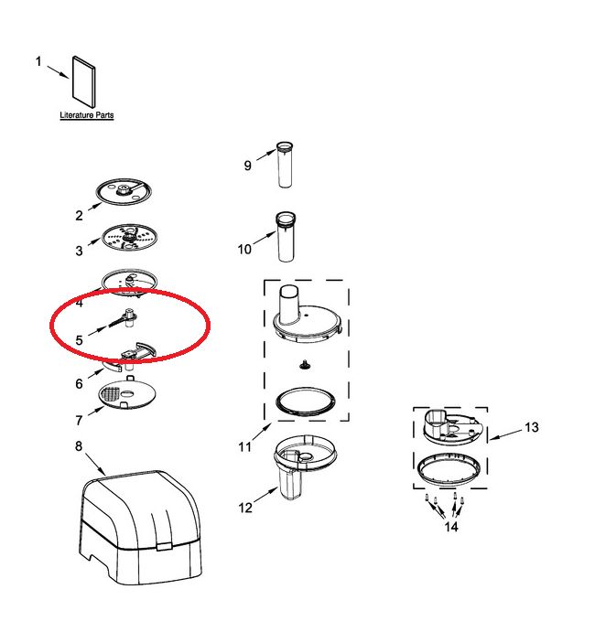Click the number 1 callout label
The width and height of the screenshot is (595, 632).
(x=38, y=61)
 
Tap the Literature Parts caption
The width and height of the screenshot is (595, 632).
(x=87, y=115)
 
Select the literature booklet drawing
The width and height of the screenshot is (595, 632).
(x=84, y=81)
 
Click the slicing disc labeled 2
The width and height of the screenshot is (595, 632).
(x=124, y=192)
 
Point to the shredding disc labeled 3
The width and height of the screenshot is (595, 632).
(x=129, y=238)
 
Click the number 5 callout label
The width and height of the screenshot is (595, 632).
(x=79, y=340)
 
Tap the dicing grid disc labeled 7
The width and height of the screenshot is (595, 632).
(x=127, y=393)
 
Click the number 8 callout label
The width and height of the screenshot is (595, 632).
(x=78, y=445)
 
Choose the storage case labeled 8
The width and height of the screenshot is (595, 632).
(x=140, y=526)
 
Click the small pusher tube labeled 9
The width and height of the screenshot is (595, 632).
(x=285, y=165)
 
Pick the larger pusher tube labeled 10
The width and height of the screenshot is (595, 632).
(x=286, y=237)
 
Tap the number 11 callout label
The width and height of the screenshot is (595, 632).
(x=244, y=446)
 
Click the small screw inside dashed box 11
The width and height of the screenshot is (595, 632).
(x=306, y=365)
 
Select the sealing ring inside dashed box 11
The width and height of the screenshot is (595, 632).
(x=306, y=402)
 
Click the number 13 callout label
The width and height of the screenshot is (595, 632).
(x=532, y=427)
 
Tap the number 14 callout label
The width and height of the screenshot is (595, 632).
(x=451, y=527)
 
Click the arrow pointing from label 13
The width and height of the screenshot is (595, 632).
(x=506, y=434)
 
